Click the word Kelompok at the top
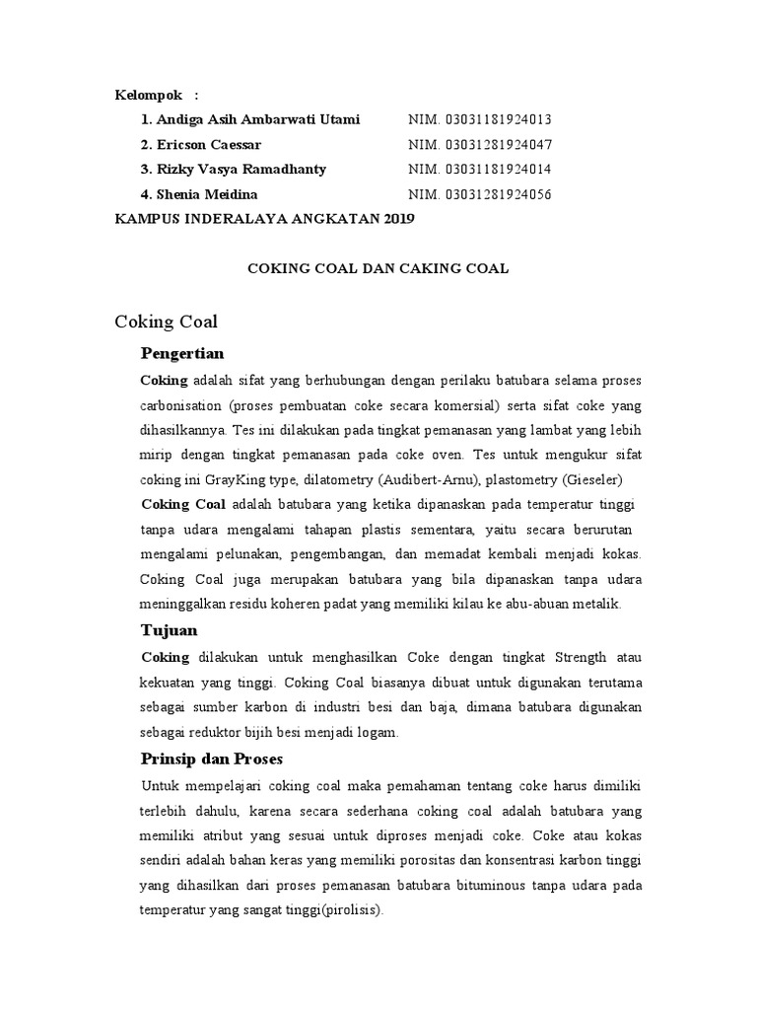[x=149, y=95]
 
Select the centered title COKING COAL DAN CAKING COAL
[x=378, y=268]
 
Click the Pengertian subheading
[x=182, y=353]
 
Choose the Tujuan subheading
[x=170, y=629]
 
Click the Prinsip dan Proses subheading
[x=212, y=758]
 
